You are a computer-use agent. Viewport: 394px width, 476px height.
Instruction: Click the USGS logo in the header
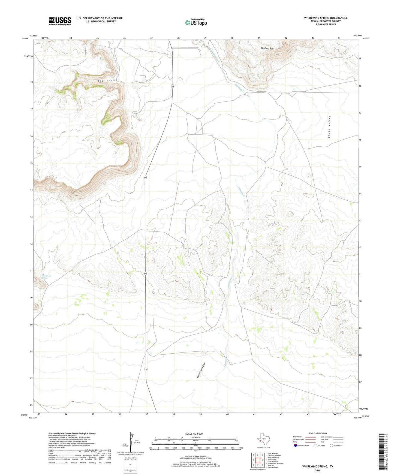click(x=60, y=21)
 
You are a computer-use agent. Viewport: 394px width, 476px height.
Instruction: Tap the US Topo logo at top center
click(x=196, y=22)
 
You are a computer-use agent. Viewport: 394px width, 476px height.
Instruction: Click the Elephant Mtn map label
click(x=267, y=48)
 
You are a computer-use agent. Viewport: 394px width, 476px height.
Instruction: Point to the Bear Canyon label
click(x=108, y=81)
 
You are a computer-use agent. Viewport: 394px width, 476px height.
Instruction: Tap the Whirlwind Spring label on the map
click(x=46, y=277)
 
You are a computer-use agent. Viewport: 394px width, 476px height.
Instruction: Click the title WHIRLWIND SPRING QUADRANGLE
click(x=326, y=18)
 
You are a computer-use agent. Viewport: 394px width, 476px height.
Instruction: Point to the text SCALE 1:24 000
click(x=194, y=433)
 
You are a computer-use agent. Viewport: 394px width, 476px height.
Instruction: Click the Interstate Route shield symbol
click(x=296, y=445)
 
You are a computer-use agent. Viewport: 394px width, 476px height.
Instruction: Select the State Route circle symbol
click(x=332, y=445)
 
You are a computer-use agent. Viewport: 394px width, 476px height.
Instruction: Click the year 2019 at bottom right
click(x=318, y=470)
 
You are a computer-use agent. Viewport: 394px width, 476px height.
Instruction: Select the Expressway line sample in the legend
click(x=311, y=437)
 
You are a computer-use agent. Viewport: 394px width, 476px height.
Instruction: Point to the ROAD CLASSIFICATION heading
click(x=318, y=433)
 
